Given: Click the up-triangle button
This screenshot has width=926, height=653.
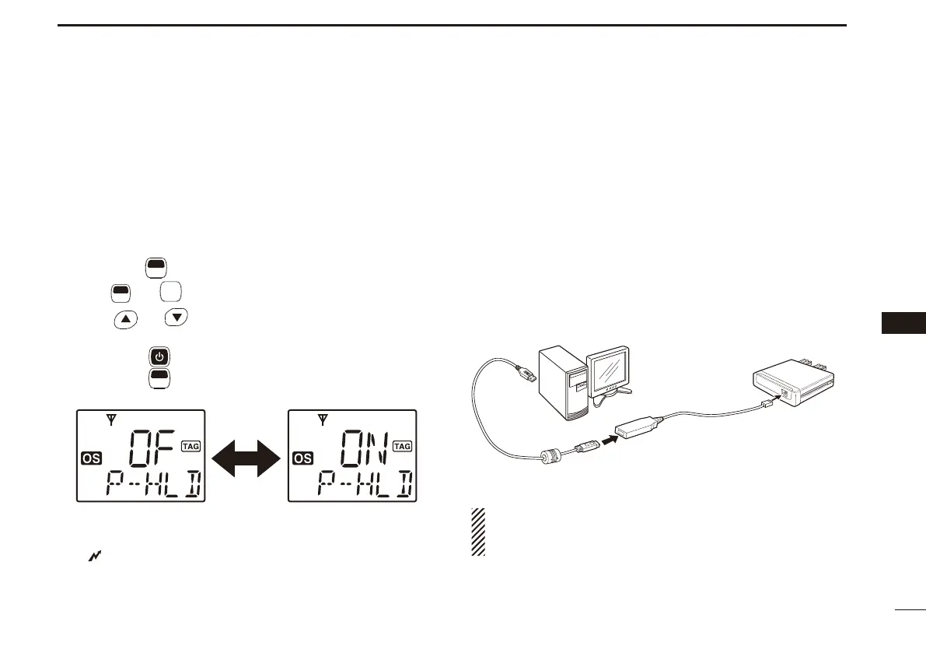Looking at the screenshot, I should [125, 319].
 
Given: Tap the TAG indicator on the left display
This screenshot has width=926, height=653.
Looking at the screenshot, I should [190, 446].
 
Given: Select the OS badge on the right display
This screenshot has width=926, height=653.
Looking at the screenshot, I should [302, 459].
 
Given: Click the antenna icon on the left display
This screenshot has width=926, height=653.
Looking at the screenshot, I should [112, 422].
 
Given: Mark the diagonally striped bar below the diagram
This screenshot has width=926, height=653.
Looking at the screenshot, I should [477, 532].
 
